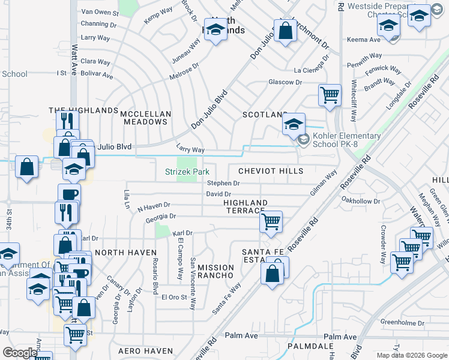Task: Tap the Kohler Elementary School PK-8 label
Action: coord(346,140)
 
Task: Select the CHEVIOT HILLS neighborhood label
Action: coord(271,171)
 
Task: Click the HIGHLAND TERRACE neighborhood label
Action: coord(244,206)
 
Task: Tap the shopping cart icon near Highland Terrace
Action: coord(271,221)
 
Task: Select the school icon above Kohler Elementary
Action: coord(294,124)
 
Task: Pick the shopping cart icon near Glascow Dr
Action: coord(330,94)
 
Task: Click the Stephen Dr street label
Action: coord(223,183)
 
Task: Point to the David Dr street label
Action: coord(218,194)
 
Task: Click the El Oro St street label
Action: coord(174,297)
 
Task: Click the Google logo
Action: coord(20,353)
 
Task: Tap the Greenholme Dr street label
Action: coord(402,323)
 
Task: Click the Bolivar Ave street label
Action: coord(97,76)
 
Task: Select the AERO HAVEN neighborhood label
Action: coord(141,350)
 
